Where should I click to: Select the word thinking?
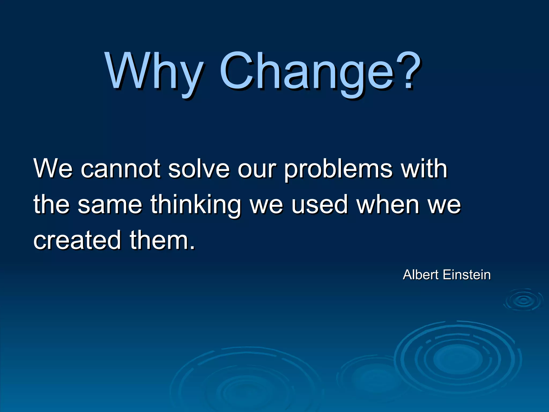pyautogui.click(x=196, y=205)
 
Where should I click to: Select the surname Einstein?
pyautogui.click(x=467, y=275)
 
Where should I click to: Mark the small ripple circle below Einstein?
pyautogui.click(x=523, y=300)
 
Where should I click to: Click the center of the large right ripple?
pyautogui.click(x=458, y=358)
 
